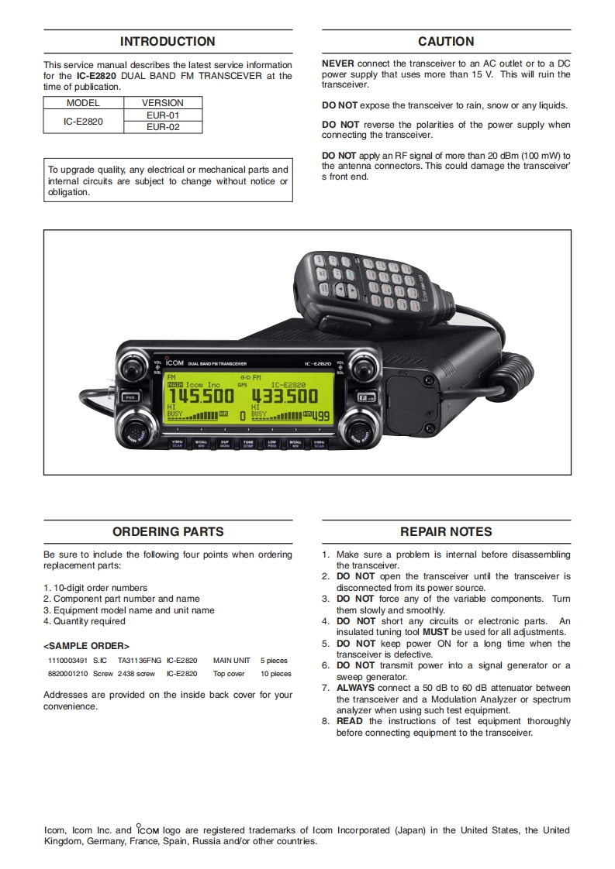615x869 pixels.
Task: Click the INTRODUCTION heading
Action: (x=168, y=42)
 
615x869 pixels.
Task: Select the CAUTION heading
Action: (x=446, y=42)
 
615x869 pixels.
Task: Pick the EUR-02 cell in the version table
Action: (x=163, y=127)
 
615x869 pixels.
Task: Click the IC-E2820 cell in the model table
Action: (x=84, y=121)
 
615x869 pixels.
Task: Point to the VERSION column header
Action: (x=163, y=103)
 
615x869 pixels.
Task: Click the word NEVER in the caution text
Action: (x=337, y=64)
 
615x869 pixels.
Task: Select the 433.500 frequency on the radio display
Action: (x=284, y=397)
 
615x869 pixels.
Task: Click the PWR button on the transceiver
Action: (x=131, y=397)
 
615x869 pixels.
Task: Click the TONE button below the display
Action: (x=248, y=444)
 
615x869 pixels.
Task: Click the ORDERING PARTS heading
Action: (x=168, y=532)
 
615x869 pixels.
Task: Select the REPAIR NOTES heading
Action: (x=446, y=532)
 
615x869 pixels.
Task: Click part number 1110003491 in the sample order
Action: (x=67, y=661)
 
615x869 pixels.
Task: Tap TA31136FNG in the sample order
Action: (x=140, y=661)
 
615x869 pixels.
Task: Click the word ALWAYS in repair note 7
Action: (x=355, y=688)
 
